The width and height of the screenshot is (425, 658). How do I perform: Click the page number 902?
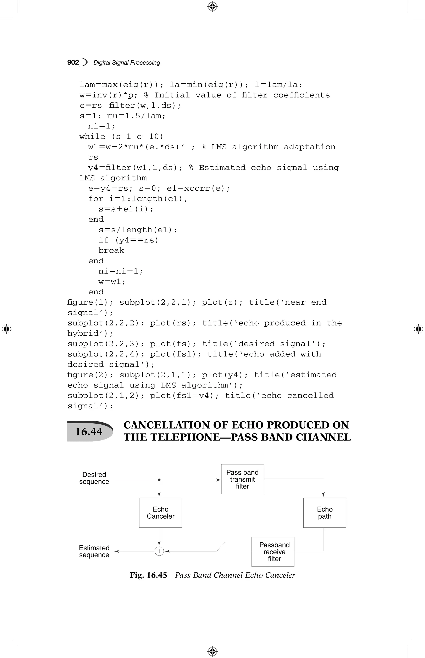[73, 62]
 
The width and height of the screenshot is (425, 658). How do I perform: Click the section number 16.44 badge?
[89, 431]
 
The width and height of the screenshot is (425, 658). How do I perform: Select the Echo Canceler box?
[160, 513]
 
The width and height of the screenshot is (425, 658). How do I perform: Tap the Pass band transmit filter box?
[242, 479]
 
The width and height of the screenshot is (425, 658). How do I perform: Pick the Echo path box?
[325, 513]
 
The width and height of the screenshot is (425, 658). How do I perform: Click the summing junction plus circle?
[159, 551]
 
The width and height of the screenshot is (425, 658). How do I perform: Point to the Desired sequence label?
[94, 478]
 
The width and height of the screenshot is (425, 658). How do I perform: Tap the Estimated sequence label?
[94, 551]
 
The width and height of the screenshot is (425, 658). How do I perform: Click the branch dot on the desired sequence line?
[159, 480]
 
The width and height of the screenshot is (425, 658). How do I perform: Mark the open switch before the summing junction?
[221, 547]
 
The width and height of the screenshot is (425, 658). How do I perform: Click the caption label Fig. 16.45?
[148, 575]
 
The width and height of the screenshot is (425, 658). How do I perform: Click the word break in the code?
[111, 251]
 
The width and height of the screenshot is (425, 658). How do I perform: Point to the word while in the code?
[92, 136]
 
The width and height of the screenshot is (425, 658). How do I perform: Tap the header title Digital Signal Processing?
[127, 63]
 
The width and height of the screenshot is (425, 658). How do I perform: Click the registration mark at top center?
[212, 6]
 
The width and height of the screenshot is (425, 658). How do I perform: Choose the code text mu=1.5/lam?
[136, 116]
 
